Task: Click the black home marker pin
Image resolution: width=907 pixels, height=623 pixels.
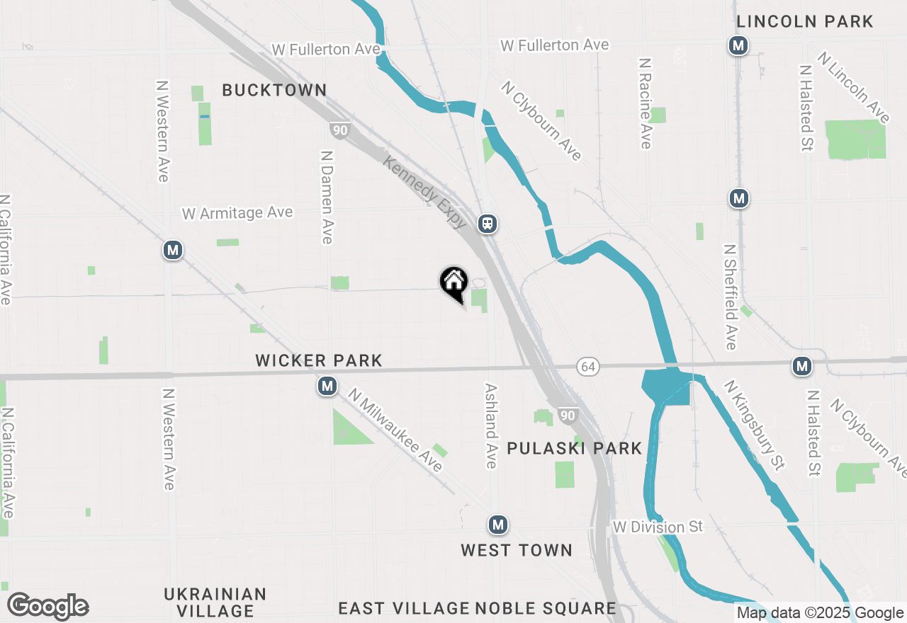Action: point(453,282)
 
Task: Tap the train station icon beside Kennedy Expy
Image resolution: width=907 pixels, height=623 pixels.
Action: point(487,224)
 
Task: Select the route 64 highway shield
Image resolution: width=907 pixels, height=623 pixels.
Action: point(587,366)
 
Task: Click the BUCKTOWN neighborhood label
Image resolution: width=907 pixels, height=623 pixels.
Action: point(274,90)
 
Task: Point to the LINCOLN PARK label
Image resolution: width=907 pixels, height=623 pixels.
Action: point(805,22)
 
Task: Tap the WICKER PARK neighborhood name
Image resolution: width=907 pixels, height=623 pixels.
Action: point(319,361)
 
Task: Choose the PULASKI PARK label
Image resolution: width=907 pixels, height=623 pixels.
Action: point(575,448)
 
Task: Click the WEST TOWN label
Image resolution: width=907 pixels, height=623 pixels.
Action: point(517,550)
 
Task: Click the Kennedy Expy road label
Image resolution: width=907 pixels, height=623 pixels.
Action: point(425,192)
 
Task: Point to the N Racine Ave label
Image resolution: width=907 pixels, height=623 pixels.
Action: point(645,103)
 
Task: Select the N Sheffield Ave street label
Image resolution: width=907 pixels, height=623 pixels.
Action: point(731,297)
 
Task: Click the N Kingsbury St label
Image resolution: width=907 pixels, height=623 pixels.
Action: point(755,425)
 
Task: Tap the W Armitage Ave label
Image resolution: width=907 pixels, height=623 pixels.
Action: point(237,212)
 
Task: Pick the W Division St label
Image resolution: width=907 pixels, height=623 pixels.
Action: point(658,527)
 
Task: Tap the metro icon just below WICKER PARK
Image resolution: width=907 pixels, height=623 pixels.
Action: point(327,387)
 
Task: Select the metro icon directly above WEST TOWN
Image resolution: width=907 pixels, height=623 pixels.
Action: point(498,525)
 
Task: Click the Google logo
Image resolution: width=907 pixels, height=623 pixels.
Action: point(47,607)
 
